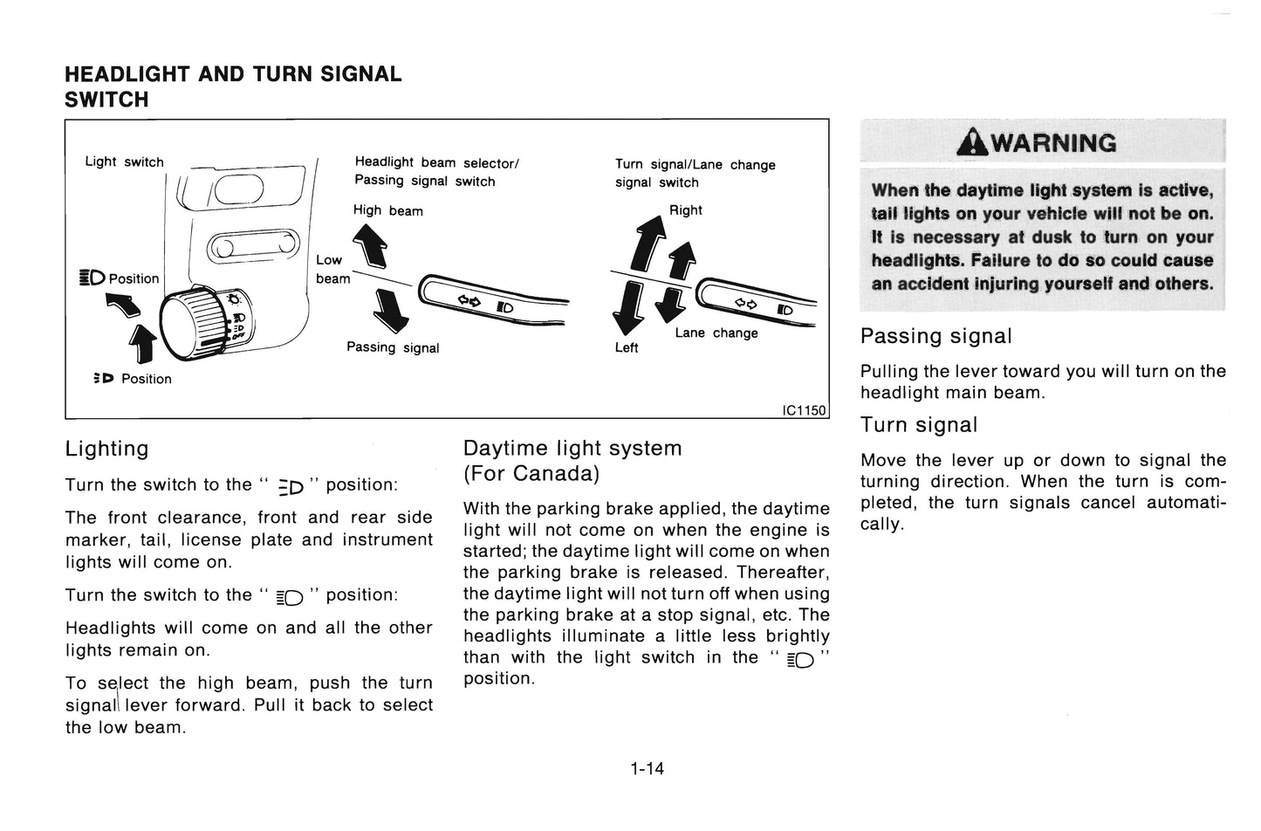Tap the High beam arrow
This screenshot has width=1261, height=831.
[x=370, y=246]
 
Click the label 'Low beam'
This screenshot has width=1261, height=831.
[x=332, y=269]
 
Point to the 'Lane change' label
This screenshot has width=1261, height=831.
[x=716, y=333]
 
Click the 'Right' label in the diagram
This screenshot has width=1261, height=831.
[x=685, y=210]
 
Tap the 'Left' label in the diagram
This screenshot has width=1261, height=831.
[x=626, y=348]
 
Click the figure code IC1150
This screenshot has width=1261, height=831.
[x=804, y=410]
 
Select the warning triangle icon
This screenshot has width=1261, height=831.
[x=971, y=142]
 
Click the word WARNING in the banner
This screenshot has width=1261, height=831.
[x=1053, y=143]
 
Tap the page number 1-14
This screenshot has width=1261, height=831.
[x=647, y=768]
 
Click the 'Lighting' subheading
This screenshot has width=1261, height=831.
[x=107, y=449]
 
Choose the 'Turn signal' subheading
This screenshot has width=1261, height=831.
[x=919, y=424]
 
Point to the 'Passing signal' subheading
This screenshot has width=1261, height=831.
[x=935, y=336]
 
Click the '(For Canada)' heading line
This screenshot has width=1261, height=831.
[x=531, y=473]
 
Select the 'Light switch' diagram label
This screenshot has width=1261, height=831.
[x=125, y=161]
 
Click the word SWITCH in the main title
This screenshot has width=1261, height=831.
[x=106, y=100]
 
